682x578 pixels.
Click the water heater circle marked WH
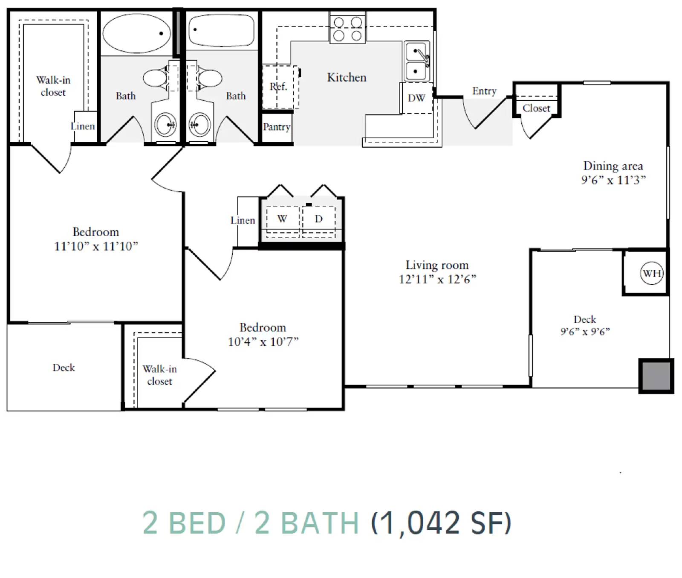[652, 273]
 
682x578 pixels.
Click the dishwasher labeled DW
[417, 98]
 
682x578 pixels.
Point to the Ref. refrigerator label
[278, 87]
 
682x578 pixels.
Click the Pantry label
[277, 127]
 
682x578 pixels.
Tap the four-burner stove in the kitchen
[347, 29]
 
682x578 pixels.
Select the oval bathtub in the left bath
[136, 33]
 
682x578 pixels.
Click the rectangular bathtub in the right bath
[222, 30]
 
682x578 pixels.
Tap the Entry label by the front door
[484, 91]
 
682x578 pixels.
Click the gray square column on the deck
[656, 376]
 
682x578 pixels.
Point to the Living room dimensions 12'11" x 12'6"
[437, 279]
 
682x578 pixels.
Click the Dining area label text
[613, 166]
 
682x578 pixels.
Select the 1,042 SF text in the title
[441, 523]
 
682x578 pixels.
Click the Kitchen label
[347, 77]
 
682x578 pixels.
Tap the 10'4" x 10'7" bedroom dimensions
[263, 342]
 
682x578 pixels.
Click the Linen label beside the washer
[243, 220]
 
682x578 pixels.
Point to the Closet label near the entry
[536, 108]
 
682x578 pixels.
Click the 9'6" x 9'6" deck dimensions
[585, 331]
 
